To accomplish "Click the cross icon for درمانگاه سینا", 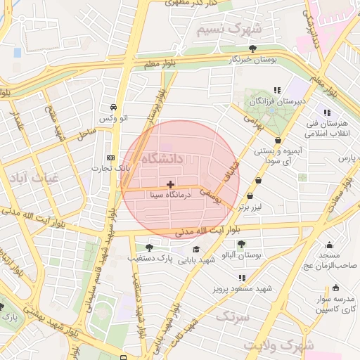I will coord(170,184).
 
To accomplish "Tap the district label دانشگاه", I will coord(162,159).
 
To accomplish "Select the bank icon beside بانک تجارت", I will coord(110,157).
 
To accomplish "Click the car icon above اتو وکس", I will coord(113,108).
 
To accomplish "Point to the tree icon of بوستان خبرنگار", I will coord(252,48).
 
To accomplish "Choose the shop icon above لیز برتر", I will coord(259,180).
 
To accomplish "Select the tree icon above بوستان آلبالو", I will coord(241,243).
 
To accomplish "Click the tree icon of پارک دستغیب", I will coord(149,247).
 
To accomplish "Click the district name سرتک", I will coord(231,317).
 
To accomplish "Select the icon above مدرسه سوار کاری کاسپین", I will coord(335,287).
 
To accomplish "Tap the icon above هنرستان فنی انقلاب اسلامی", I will coord(326,112).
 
